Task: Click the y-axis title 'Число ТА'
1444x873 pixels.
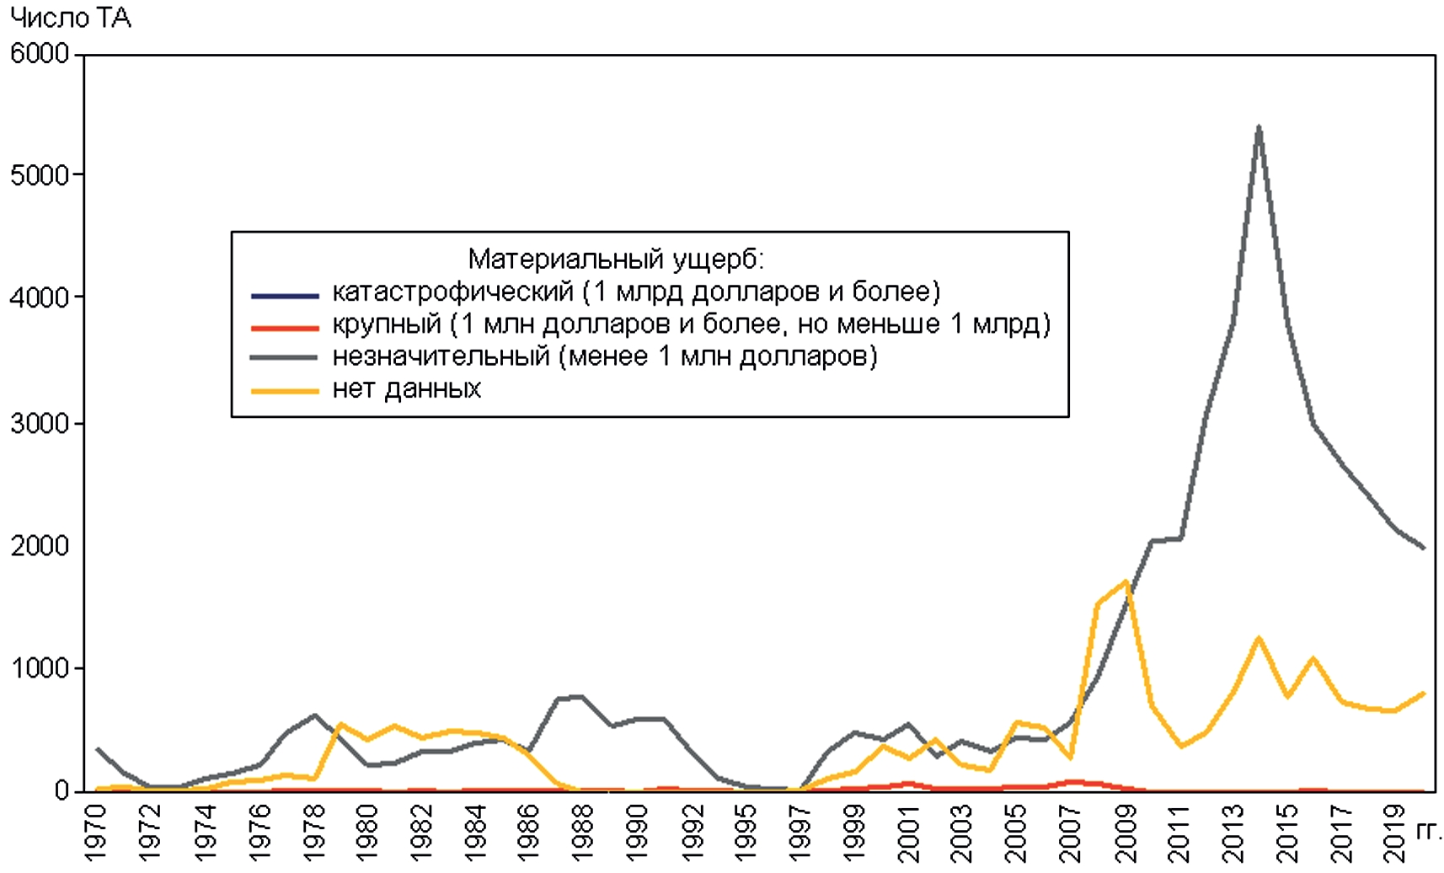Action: tap(71, 18)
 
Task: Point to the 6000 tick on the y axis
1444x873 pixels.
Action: tap(39, 53)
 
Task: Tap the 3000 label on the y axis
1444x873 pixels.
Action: tap(39, 423)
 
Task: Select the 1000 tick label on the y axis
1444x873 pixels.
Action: tap(39, 668)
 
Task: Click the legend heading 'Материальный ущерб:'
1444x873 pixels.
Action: tap(616, 259)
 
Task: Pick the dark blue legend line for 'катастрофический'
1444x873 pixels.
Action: tap(285, 296)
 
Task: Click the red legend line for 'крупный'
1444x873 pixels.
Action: tap(285, 328)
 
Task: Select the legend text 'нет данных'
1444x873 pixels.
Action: tap(407, 388)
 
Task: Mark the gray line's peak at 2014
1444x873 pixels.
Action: tap(1259, 127)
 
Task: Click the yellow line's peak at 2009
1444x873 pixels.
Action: tap(1126, 581)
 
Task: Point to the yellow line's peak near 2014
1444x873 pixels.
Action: tap(1259, 638)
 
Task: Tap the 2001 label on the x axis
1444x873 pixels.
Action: tap(908, 833)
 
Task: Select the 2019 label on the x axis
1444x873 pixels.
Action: tap(1394, 833)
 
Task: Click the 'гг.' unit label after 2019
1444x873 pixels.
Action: tap(1429, 833)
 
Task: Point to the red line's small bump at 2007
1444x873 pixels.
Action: tap(1072, 781)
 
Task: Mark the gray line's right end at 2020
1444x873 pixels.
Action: tap(1424, 548)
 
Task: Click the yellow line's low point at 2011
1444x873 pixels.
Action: tap(1181, 746)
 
